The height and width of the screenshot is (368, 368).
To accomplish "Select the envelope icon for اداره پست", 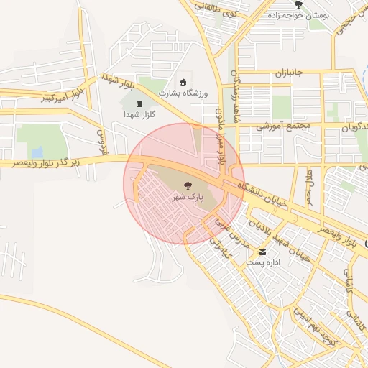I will pyautogui.click(x=263, y=252).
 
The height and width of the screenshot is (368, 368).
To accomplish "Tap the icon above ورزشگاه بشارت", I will pyautogui.click(x=183, y=81).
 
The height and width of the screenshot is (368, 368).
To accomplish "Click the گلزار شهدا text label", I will pyautogui.click(x=140, y=114).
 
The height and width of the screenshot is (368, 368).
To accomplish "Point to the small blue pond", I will pyautogui.click(x=37, y=152).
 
